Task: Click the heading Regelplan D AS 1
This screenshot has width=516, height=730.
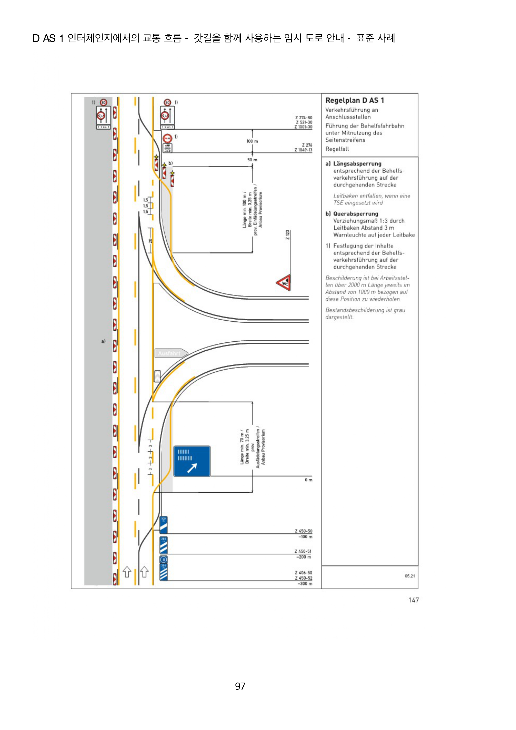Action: point(355,100)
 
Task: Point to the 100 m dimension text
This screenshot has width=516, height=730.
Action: point(252,141)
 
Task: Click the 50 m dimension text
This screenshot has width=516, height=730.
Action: point(252,160)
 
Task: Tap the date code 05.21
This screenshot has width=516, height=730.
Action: point(409,576)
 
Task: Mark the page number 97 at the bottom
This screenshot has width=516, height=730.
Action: point(240,686)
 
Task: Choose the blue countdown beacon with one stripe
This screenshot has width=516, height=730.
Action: point(163,525)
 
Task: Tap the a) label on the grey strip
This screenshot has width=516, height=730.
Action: point(103,341)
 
